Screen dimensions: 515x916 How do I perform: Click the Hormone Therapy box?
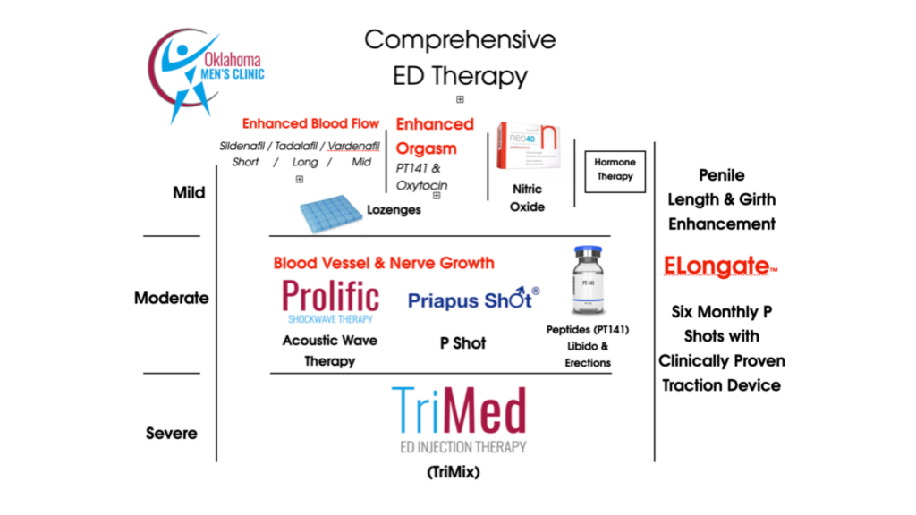[615, 170]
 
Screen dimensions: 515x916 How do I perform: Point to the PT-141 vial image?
[587, 280]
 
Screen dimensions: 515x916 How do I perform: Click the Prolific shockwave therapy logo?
[330, 300]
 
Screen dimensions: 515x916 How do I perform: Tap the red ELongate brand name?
[717, 266]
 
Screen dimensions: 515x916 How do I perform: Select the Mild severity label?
[189, 192]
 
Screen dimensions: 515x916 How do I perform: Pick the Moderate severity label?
[171, 298]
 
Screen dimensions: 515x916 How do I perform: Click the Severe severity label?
[171, 434]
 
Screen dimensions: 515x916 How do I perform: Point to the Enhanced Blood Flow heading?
[310, 124]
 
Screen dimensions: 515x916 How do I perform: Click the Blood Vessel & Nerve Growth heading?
[384, 263]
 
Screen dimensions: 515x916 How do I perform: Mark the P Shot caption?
[463, 343]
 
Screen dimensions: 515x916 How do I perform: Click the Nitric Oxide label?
[527, 198]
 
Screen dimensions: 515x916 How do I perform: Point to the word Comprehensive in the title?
[460, 40]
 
